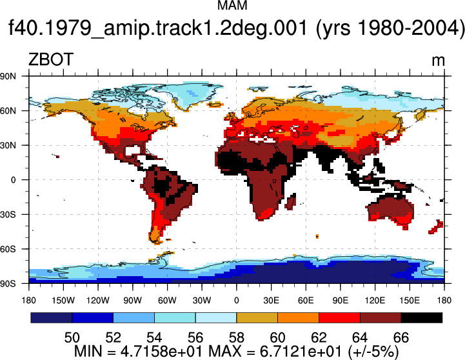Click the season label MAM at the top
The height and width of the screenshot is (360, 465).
coord(232,5)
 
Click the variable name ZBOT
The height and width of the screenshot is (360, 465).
coord(51,59)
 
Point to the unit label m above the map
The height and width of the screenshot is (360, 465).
coord(438,61)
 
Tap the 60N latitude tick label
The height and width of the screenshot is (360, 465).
coord(8,111)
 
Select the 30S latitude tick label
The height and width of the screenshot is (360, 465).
coord(8,214)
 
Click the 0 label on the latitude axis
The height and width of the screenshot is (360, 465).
coord(13,180)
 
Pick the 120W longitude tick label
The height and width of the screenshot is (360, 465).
coord(98,301)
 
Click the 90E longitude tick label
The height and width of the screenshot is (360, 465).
coord(340,301)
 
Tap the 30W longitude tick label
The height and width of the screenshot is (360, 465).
coord(202,301)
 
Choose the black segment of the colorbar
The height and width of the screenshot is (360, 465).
coord(422,317)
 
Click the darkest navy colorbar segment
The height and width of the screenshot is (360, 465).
coord(52,317)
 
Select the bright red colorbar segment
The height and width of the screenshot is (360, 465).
coord(339,317)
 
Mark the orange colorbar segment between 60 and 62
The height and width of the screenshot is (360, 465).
coord(299,317)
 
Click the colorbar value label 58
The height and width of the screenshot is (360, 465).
coord(236,338)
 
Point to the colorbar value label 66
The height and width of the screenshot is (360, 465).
coord(401,338)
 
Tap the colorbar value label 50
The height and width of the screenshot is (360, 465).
coord(72,338)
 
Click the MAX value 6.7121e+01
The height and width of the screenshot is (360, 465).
coord(301,352)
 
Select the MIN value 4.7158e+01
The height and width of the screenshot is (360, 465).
coord(161,352)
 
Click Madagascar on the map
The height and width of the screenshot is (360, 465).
coord(291,202)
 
